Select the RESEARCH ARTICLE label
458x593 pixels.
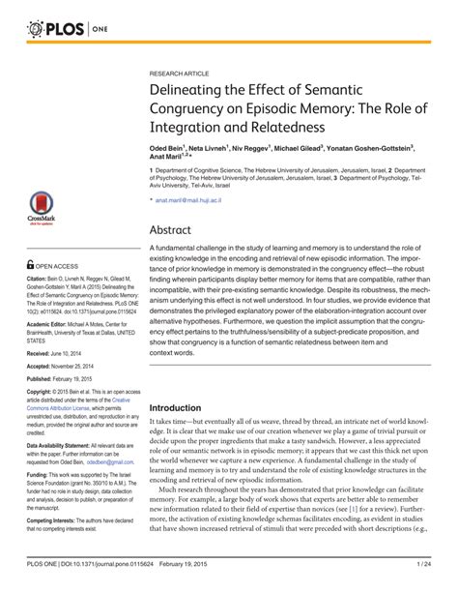181,73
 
